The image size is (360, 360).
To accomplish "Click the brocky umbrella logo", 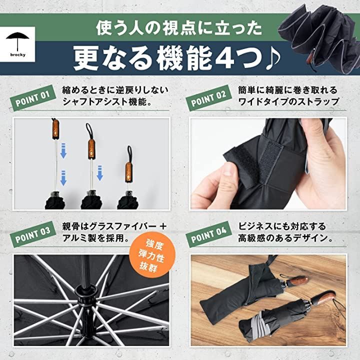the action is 17,44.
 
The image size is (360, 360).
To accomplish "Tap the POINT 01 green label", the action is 32,97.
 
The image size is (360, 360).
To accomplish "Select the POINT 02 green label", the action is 208,97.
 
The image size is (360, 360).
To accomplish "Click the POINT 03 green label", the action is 32,234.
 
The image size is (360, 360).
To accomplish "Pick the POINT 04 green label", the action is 208,234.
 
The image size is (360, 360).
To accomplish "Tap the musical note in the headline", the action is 273,59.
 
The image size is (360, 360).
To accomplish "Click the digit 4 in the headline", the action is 224,58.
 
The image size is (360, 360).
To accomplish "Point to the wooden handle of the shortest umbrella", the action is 129,172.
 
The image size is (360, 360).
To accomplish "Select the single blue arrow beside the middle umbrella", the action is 99,172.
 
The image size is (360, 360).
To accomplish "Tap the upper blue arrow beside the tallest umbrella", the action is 63,150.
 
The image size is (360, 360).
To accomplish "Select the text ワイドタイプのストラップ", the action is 288,101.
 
